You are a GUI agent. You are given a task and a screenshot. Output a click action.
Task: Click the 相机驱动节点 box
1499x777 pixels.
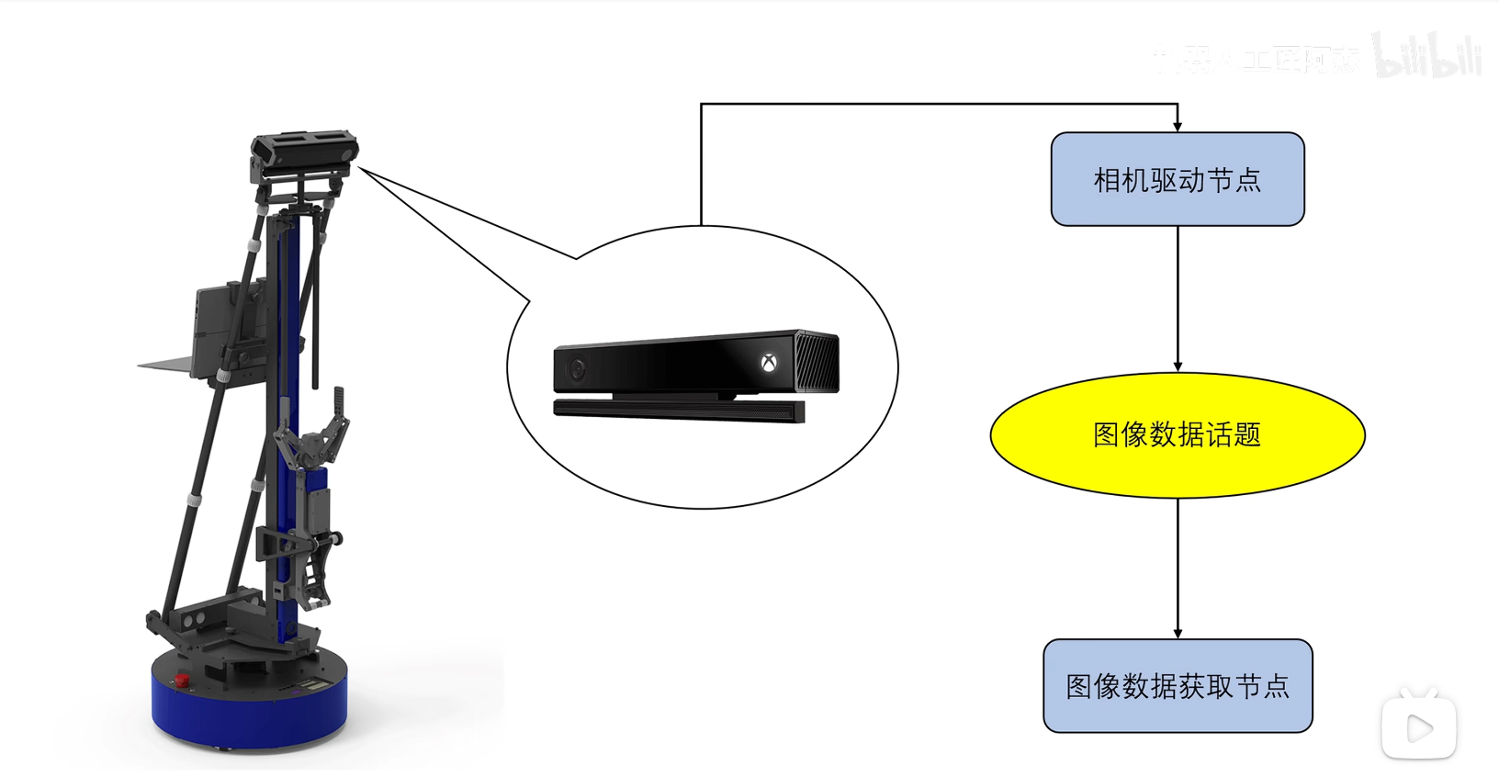[1177, 179]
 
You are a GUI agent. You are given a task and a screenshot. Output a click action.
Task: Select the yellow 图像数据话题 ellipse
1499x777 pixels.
[1177, 434]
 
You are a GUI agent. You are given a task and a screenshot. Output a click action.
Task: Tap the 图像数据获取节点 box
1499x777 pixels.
[1177, 686]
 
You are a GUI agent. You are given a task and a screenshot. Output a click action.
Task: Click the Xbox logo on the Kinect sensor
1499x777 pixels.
[769, 363]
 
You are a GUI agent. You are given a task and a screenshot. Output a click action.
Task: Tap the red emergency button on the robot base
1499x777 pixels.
[182, 681]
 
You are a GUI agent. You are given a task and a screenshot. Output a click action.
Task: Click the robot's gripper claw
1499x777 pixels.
[317, 441]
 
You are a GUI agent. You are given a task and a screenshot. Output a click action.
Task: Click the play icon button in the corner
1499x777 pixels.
[1418, 728]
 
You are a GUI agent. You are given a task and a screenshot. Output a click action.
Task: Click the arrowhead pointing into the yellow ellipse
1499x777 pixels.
[1178, 367]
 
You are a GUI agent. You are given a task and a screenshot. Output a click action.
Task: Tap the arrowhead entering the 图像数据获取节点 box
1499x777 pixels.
[1178, 634]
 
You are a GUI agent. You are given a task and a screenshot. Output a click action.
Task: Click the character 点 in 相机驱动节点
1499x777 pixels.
[1247, 180]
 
